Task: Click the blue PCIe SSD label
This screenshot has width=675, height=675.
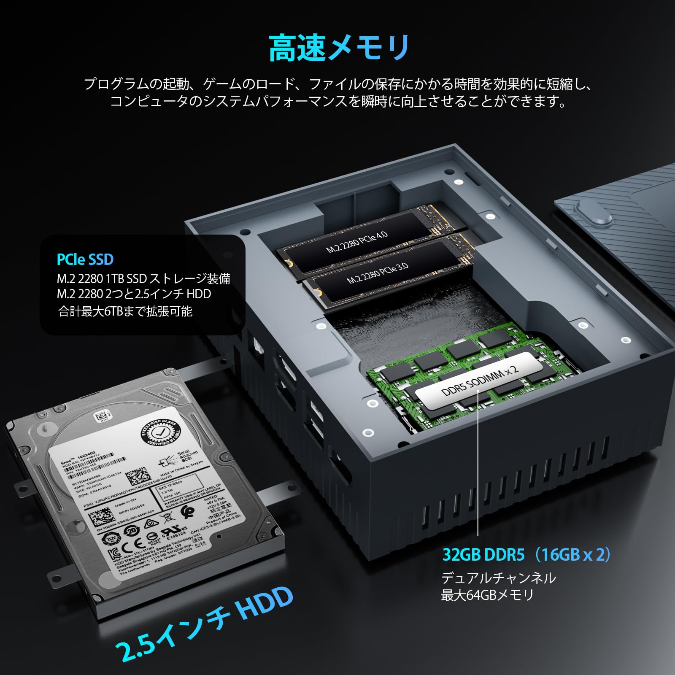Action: (x=85, y=259)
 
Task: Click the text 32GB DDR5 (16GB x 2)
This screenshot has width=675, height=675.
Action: (x=526, y=554)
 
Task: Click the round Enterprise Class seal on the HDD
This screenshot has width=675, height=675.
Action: (x=161, y=432)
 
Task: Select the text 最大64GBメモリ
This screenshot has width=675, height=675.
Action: (x=487, y=595)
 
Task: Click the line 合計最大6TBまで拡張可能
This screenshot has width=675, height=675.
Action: (x=125, y=311)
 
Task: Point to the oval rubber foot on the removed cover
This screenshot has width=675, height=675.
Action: (x=595, y=214)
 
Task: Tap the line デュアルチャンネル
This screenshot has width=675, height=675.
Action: (x=498, y=578)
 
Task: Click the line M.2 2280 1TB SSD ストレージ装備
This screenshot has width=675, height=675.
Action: (x=143, y=278)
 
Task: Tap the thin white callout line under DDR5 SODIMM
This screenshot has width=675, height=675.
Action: (x=478, y=464)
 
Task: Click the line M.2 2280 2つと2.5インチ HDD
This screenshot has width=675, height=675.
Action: (x=134, y=294)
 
